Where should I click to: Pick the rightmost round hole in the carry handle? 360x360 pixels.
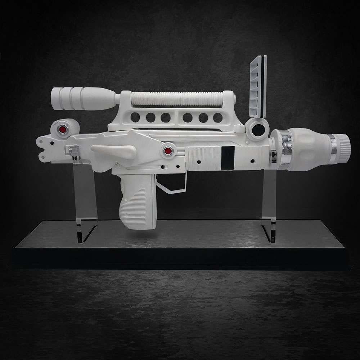pyautogui.click(x=218, y=117)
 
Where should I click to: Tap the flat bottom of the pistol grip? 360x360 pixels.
pyautogui.click(x=137, y=226)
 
